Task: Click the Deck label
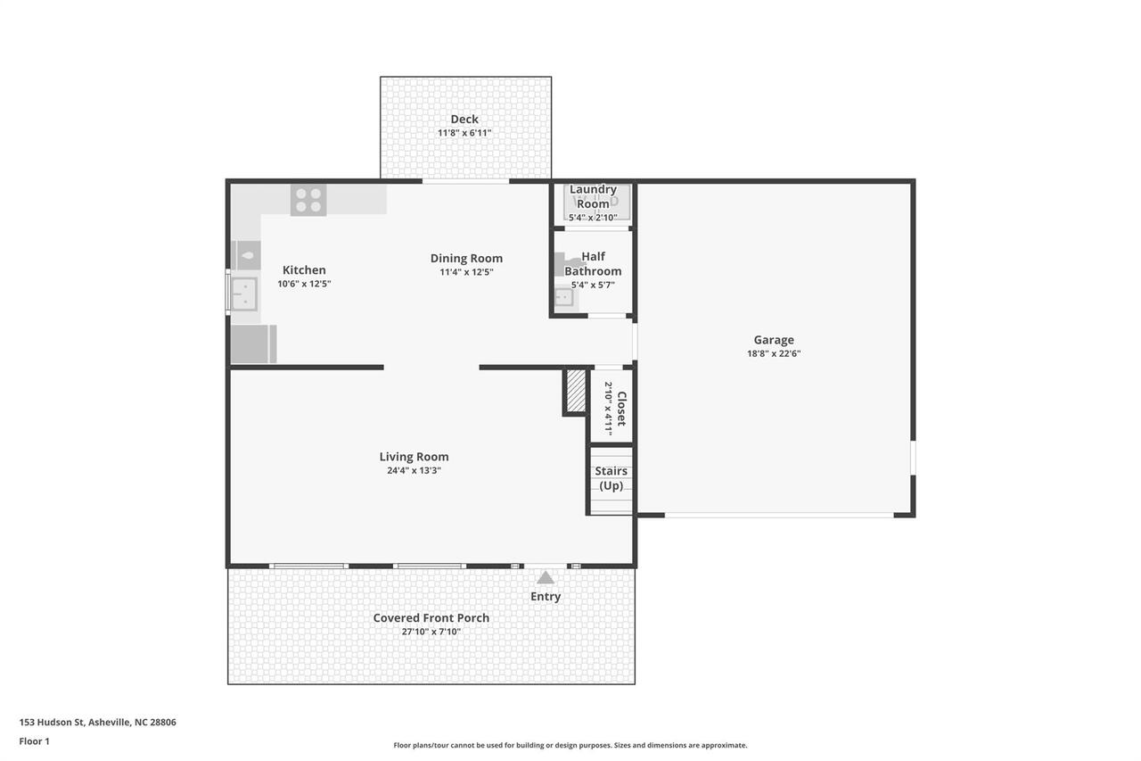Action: [464, 119]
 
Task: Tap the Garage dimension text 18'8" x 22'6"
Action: [774, 353]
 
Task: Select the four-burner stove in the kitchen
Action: [308, 200]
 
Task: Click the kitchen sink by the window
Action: [244, 293]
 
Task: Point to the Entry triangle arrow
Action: [546, 578]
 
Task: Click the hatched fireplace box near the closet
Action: [576, 391]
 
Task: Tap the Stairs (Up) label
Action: [612, 478]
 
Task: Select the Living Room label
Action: [414, 457]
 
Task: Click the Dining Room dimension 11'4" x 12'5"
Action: [466, 272]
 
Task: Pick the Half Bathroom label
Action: [593, 264]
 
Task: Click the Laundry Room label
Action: [593, 196]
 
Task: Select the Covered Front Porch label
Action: [431, 617]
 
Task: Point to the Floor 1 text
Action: [34, 741]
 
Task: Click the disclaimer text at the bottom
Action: [570, 745]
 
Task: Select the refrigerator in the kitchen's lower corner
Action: [253, 344]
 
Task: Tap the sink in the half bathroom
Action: [563, 298]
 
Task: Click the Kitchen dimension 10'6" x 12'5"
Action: [304, 284]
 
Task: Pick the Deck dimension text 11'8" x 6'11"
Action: [464, 133]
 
